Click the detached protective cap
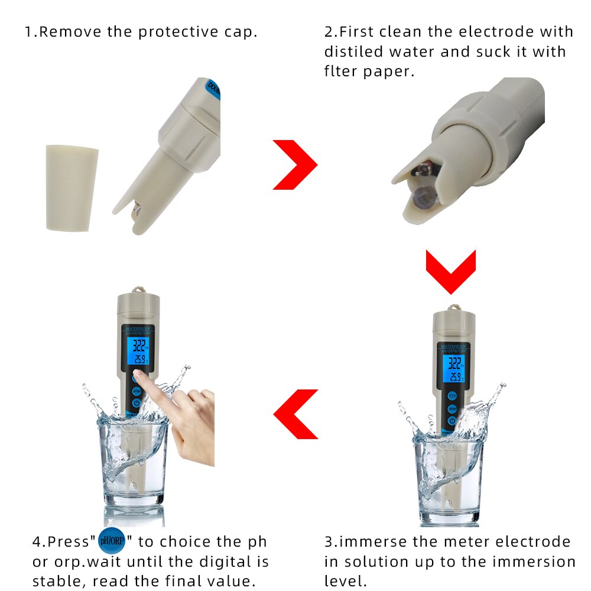(72, 188)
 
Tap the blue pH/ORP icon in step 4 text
(112, 541)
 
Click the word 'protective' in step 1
(178, 32)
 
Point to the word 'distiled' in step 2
(353, 51)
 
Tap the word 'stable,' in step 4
(60, 581)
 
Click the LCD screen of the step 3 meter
(454, 369)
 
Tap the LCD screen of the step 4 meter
(138, 351)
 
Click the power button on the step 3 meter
(452, 421)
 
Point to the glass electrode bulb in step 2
(424, 197)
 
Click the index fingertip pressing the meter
(138, 374)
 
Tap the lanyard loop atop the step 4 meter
(138, 290)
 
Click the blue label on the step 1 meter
(213, 89)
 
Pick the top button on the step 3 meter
(452, 396)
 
